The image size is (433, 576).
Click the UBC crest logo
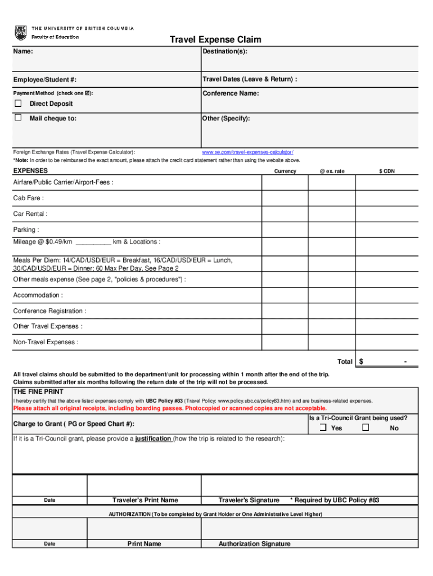[x=20, y=33]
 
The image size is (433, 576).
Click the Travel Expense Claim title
[x=216, y=40]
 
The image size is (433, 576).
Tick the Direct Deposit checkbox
[x=18, y=103]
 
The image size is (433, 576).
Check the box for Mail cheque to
[x=18, y=118]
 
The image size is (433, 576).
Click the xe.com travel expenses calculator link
[x=247, y=152]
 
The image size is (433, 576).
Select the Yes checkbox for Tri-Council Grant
[x=323, y=428]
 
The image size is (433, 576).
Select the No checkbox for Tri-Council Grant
[x=366, y=428]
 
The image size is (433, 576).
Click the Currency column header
[x=285, y=171]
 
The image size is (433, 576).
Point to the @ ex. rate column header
[x=332, y=171]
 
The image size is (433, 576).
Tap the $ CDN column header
[x=387, y=171]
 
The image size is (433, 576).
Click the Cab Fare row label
[x=29, y=198]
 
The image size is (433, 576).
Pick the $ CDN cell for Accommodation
[x=387, y=295]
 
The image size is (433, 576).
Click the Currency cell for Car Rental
[x=285, y=214]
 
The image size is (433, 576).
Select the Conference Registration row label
[x=49, y=311]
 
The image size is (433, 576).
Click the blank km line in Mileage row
[x=93, y=242]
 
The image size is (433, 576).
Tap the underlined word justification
[x=154, y=439]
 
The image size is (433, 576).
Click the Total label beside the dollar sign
[x=344, y=362]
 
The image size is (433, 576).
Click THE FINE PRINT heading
[x=38, y=391]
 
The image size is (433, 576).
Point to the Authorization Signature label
[x=254, y=544]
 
